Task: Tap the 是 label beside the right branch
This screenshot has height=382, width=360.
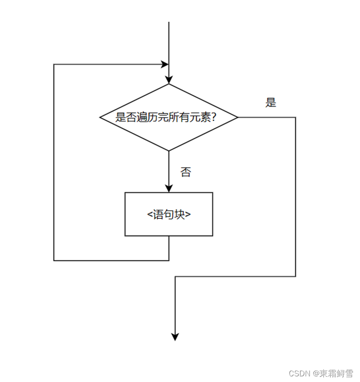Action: coord(270,103)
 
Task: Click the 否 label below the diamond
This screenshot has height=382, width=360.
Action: coord(186,172)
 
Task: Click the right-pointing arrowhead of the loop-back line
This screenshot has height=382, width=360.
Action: coord(165,64)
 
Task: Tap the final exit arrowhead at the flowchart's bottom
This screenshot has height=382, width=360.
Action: coord(175,336)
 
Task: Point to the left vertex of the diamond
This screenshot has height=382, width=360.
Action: coord(100,117)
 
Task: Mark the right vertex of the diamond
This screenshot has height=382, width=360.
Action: coord(237,117)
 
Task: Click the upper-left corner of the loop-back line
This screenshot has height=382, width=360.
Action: coord(54,64)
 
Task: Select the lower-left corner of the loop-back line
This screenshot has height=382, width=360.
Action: coord(54,260)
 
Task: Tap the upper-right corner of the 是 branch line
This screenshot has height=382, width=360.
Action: coord(295,117)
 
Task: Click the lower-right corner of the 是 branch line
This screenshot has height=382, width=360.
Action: coord(295,276)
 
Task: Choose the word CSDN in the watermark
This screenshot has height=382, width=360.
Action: coord(298,374)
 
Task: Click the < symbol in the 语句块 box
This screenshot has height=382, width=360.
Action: coord(150,214)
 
